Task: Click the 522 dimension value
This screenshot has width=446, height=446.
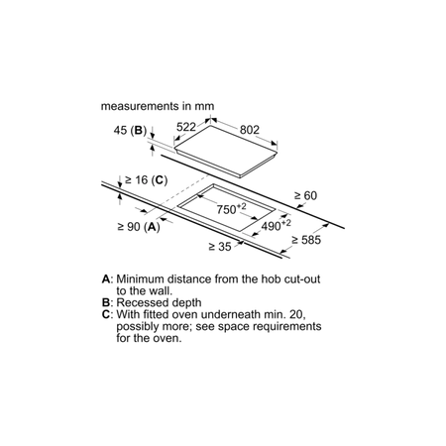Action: coord(186,127)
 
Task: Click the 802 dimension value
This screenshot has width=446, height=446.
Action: coord(250,130)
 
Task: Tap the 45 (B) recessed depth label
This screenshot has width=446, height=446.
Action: coord(130,130)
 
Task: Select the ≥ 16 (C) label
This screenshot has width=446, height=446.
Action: coord(147,180)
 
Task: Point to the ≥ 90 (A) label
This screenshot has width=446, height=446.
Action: coord(139,227)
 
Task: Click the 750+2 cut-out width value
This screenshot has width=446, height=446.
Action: coord(231,208)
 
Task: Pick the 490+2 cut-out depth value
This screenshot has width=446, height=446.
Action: coord(277,226)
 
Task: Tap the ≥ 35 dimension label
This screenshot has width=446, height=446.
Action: coord(220,247)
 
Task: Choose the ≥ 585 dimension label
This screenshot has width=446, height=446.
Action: coord(306,240)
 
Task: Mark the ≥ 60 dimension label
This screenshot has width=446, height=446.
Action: coord(305,195)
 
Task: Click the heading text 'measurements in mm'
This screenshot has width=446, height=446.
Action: coord(158,106)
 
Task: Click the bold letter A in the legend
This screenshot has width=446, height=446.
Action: coord(106,279)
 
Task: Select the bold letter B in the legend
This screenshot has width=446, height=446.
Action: coord(106,302)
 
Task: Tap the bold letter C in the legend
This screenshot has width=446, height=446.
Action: coord(106,314)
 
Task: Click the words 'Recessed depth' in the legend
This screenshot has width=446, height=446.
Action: coord(159,303)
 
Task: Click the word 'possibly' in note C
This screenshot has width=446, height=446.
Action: coord(138,327)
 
